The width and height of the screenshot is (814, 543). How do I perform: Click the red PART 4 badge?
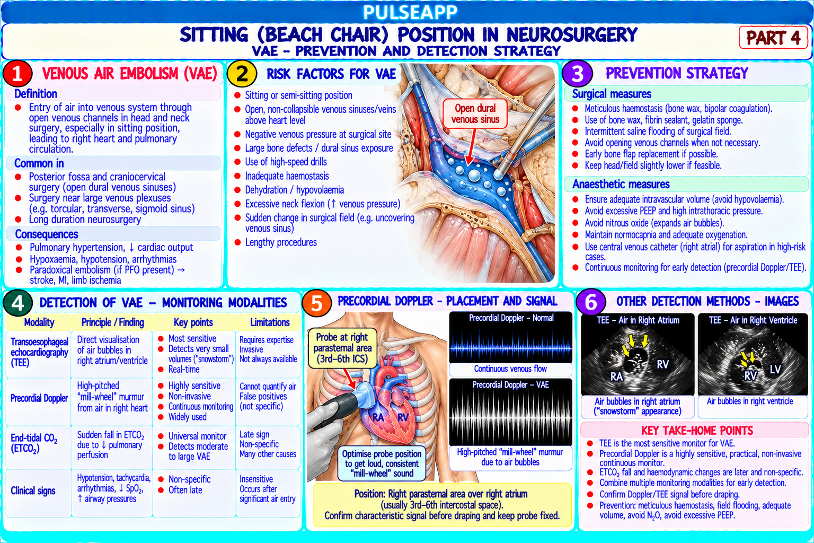pyautogui.click(x=773, y=38)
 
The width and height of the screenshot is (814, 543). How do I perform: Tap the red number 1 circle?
pyautogui.click(x=17, y=73)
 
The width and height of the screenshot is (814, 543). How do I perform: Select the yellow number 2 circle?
pyautogui.click(x=242, y=74)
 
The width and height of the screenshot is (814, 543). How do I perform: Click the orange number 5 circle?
pyautogui.click(x=316, y=303)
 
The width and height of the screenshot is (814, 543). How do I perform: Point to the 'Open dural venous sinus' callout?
pyautogui.click(x=475, y=114)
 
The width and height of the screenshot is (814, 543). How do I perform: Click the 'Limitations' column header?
pyautogui.click(x=270, y=322)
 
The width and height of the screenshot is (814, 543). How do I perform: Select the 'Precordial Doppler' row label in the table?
pyautogui.click(x=39, y=398)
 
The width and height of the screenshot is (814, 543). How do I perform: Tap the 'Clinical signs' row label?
pyautogui.click(x=33, y=491)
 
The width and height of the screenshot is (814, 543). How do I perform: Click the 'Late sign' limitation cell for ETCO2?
pyautogui.click(x=254, y=434)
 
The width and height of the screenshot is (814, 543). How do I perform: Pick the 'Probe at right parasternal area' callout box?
pyautogui.click(x=342, y=348)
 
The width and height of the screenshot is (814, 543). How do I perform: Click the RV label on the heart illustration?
pyautogui.click(x=403, y=417)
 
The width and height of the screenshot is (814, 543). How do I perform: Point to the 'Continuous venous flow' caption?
pyautogui.click(x=510, y=369)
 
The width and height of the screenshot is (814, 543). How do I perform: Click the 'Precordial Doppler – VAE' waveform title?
pyautogui.click(x=510, y=385)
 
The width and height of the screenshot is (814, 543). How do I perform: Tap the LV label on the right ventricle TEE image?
pyautogui.click(x=775, y=370)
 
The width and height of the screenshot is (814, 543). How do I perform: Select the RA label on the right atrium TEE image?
pyautogui.click(x=616, y=376)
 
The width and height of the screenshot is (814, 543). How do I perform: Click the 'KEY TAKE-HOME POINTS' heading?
pyautogui.click(x=697, y=431)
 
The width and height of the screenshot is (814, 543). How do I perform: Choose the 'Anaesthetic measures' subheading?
pyautogui.click(x=621, y=185)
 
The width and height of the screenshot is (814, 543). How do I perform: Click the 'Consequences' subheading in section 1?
pyautogui.click(x=47, y=234)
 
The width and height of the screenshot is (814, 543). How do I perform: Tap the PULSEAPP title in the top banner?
pyautogui.click(x=410, y=12)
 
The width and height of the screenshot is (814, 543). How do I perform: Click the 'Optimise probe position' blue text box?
pyautogui.click(x=382, y=463)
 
